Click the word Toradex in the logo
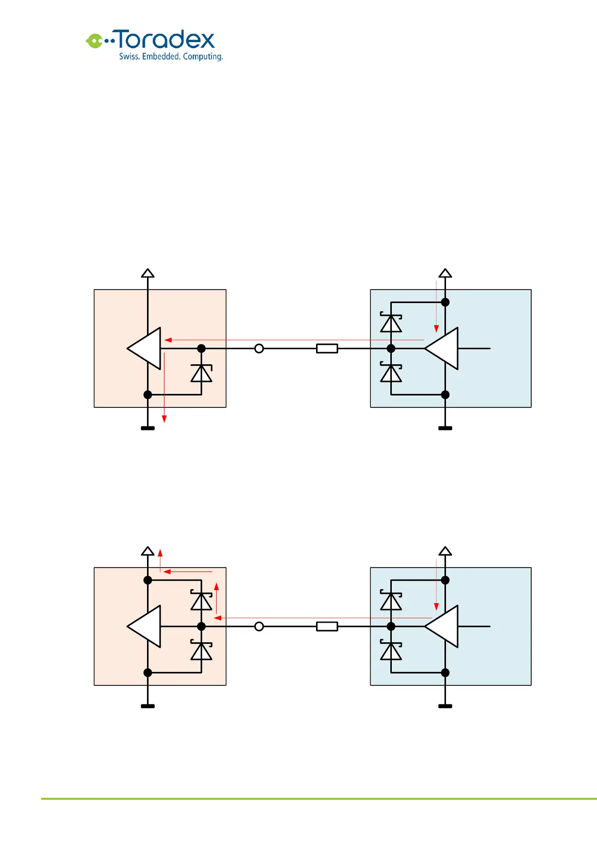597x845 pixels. (166, 40)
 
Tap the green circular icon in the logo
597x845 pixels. (94, 41)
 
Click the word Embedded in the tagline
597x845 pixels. (161, 57)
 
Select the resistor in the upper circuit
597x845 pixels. (327, 348)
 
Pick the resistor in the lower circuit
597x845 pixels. (327, 626)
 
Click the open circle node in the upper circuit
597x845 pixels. (259, 348)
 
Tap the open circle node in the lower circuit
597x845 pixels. (259, 626)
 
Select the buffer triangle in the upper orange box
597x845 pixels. (146, 348)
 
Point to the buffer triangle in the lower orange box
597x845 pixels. (146, 626)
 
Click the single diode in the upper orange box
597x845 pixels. (201, 373)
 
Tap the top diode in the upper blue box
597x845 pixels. (391, 323)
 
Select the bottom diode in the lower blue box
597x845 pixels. (391, 651)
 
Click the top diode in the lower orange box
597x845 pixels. (201, 601)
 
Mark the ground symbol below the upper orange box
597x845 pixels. (147, 428)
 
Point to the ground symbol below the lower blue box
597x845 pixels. (445, 706)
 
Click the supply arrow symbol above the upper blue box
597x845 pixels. (445, 273)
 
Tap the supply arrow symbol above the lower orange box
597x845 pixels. (147, 551)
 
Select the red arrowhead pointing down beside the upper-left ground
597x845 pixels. (164, 419)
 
